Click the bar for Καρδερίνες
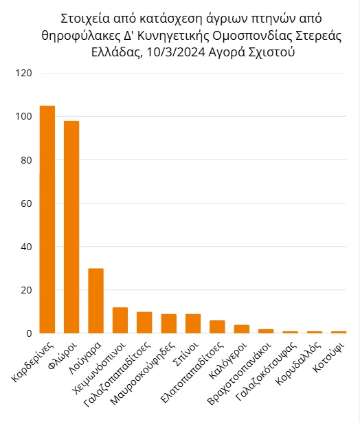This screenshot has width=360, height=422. tap(47, 220)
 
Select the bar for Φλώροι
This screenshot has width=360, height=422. tap(71, 227)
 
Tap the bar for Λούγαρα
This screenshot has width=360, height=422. tap(96, 301)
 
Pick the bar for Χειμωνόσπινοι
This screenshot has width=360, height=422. tap(120, 320)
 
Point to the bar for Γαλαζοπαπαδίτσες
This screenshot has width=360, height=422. tap(144, 322)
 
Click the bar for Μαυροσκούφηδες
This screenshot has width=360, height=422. tap(169, 324)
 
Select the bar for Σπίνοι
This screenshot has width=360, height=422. tap(193, 324)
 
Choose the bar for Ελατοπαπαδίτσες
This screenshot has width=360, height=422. tap(217, 326)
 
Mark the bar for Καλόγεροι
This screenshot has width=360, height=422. tap(242, 329)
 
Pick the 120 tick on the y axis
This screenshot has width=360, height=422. tap(23, 73)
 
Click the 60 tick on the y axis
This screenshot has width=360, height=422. tap(25, 203)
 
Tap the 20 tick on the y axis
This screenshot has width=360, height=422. tap(25, 290)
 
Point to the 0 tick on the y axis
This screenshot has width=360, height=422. tap(28, 333)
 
